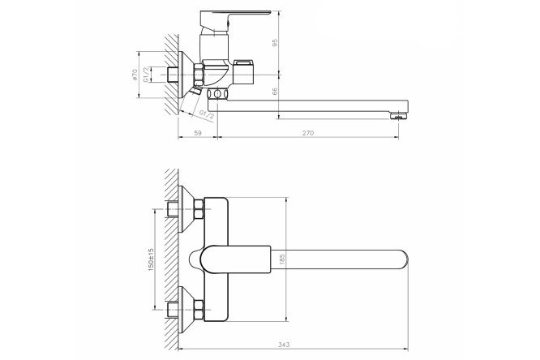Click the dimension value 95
[275, 43]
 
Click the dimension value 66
[275, 92]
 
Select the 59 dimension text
[198, 133]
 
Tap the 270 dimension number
[308, 133]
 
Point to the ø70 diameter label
[135, 75]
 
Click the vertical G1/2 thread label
[146, 75]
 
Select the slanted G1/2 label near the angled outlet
[207, 114]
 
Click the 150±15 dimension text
[151, 259]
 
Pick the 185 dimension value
[282, 259]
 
